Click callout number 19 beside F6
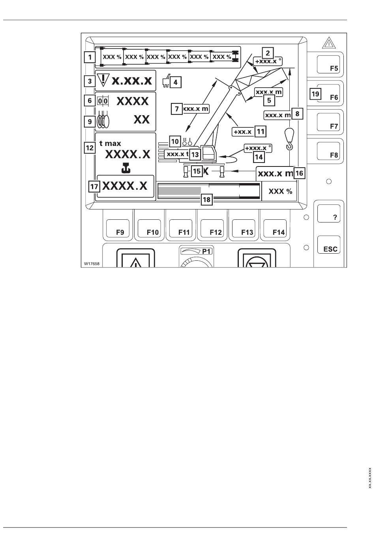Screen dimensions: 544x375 tap(315, 94)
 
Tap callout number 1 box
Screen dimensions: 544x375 tap(90, 57)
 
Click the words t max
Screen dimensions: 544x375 tap(110, 144)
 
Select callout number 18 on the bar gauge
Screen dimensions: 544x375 tap(206, 200)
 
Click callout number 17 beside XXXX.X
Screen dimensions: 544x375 tap(94, 186)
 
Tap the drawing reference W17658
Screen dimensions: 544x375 tap(91, 263)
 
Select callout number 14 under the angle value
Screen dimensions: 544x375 tap(259, 156)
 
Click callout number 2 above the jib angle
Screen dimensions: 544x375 tap(268, 53)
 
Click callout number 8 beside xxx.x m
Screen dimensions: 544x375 tap(297, 114)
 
